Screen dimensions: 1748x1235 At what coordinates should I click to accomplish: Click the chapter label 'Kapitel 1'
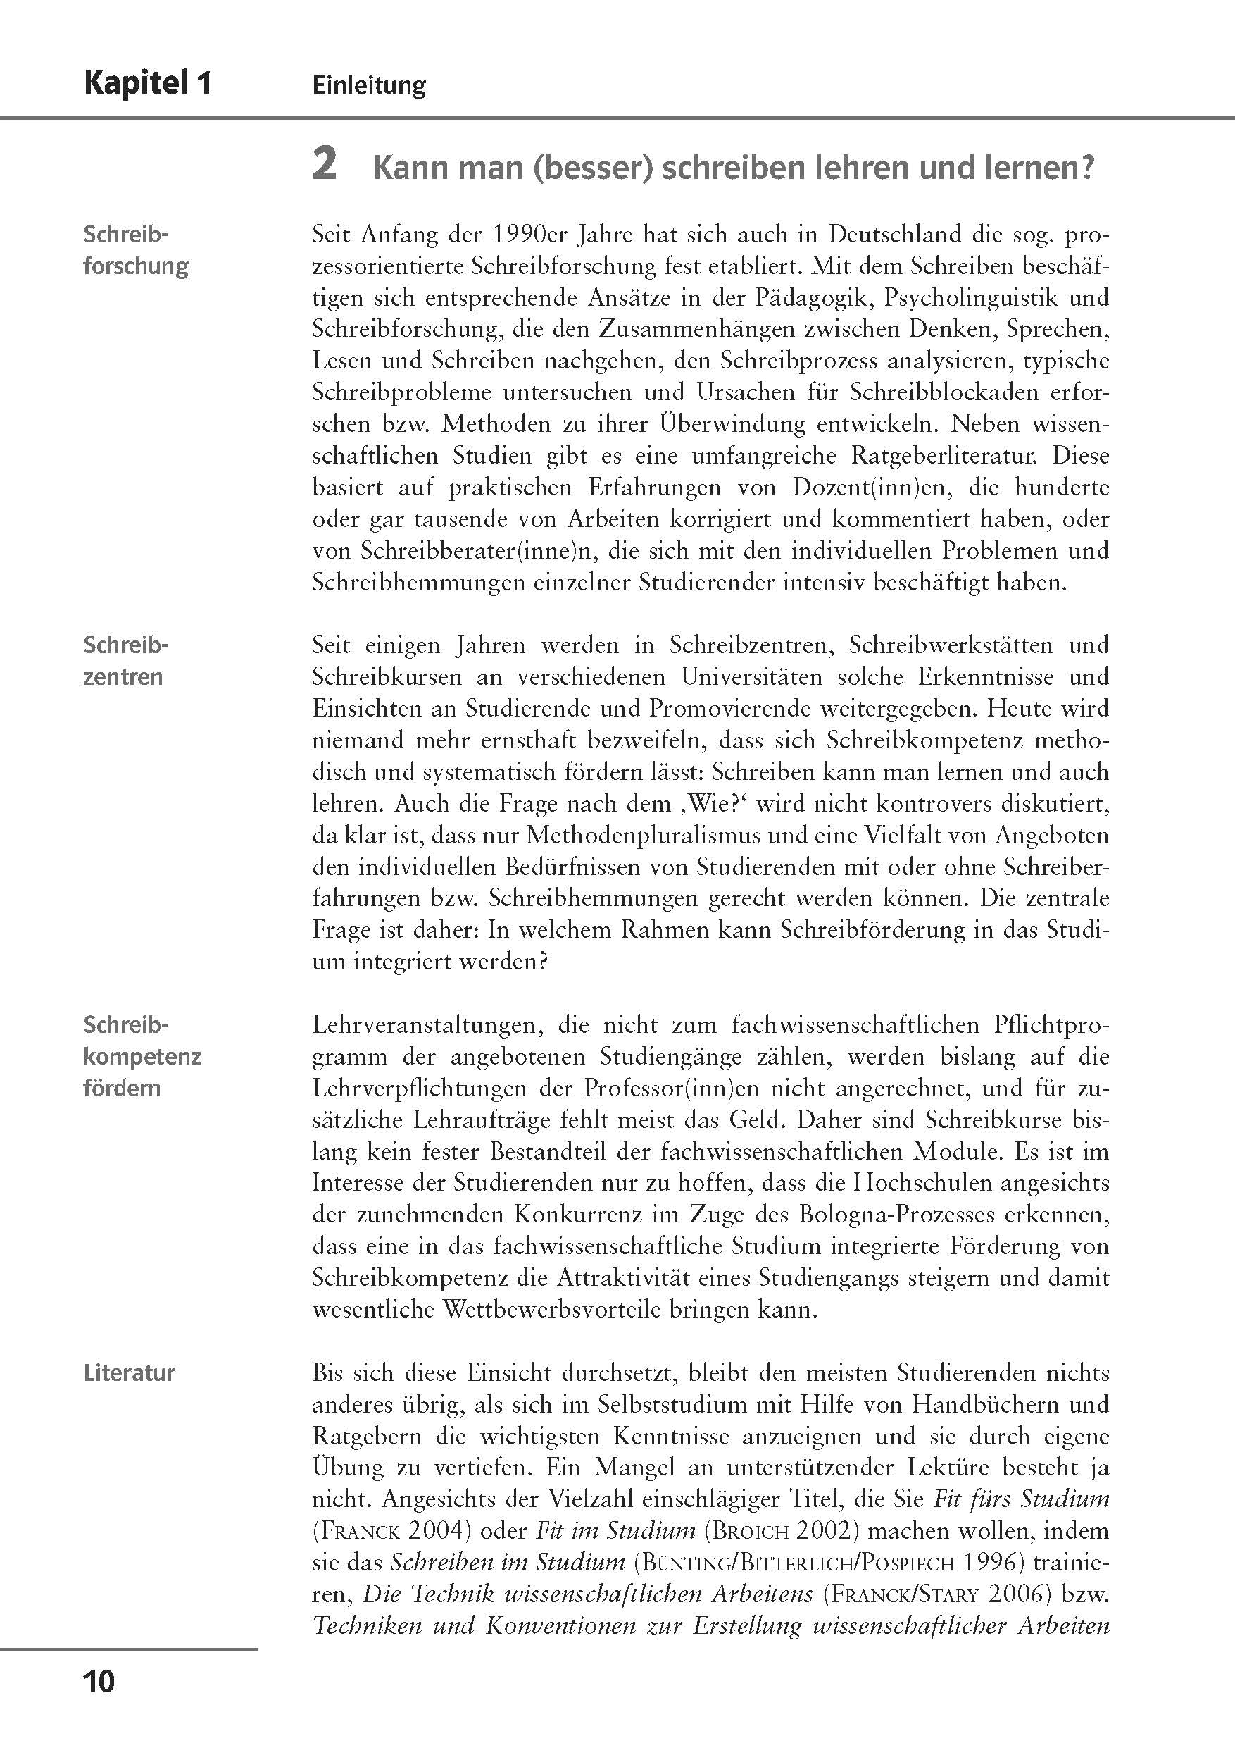click(147, 83)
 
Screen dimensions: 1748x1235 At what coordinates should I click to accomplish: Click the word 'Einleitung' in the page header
click(369, 85)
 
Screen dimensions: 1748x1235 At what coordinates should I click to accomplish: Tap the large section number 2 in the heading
click(324, 165)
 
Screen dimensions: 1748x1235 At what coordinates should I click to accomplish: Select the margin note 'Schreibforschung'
click(135, 249)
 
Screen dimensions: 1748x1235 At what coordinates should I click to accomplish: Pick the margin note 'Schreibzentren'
click(124, 661)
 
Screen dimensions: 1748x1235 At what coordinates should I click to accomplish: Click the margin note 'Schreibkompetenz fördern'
click(142, 1056)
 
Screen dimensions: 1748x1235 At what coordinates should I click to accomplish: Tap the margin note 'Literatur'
click(129, 1373)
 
